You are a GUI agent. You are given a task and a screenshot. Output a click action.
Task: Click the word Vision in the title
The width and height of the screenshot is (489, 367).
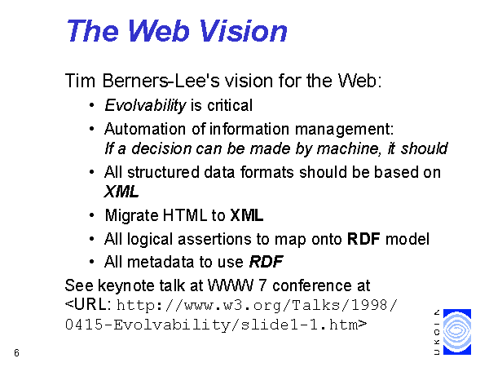point(243,31)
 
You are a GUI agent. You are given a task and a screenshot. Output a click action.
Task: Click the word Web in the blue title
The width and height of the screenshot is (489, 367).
point(158,31)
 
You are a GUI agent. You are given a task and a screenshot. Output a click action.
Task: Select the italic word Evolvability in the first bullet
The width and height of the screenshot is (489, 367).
point(145,105)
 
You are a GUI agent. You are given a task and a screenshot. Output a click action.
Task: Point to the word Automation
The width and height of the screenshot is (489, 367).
point(145,129)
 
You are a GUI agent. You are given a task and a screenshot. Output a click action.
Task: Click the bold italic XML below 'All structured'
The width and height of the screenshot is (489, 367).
point(121,192)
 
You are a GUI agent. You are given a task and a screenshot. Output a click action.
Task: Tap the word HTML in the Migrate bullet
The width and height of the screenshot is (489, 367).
point(185,215)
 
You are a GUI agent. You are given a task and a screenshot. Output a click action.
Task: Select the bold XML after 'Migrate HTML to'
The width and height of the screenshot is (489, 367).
point(247,215)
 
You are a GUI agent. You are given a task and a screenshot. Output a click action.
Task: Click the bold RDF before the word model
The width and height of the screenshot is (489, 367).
point(363,239)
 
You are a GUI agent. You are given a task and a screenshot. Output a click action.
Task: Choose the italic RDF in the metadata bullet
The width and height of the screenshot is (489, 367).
point(266,262)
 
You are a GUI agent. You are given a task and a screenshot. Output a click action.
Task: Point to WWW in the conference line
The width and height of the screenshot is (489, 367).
point(231,285)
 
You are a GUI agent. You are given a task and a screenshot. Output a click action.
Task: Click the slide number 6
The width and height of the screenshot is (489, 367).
point(16,353)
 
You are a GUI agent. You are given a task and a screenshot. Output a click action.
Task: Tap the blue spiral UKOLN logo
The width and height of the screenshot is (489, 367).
point(457,332)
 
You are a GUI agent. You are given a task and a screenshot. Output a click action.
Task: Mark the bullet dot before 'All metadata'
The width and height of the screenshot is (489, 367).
point(91,262)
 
